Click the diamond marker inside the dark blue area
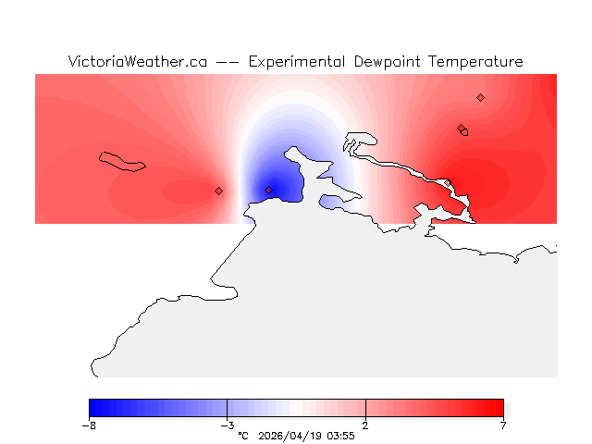click(x=268, y=191)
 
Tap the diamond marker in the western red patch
click(x=218, y=191)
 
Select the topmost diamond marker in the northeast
click(x=480, y=97)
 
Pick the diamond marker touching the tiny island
click(x=461, y=129)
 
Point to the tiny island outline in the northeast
click(x=464, y=132)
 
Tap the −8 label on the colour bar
click(x=89, y=425)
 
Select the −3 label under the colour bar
click(x=227, y=425)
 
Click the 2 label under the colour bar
click(x=365, y=425)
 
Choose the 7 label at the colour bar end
click(x=503, y=425)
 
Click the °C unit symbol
click(x=243, y=436)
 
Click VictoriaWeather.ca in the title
click(x=137, y=62)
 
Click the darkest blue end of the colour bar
click(x=92, y=408)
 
